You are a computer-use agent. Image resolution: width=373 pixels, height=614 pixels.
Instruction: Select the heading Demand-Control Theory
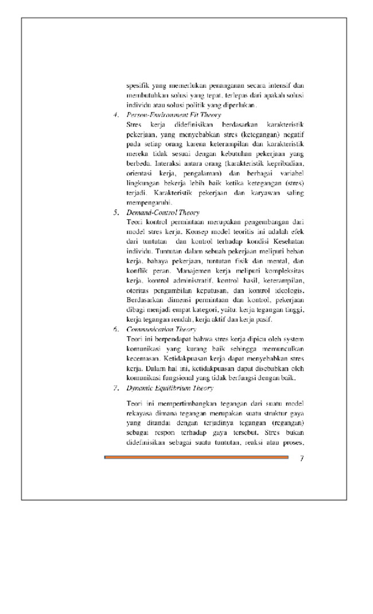tap(162, 212)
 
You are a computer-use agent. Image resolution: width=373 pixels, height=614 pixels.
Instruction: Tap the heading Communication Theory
tap(161, 329)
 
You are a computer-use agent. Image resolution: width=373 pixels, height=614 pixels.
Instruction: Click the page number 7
tap(301, 458)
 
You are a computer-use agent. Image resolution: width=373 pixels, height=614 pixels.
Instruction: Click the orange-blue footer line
tap(196, 457)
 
